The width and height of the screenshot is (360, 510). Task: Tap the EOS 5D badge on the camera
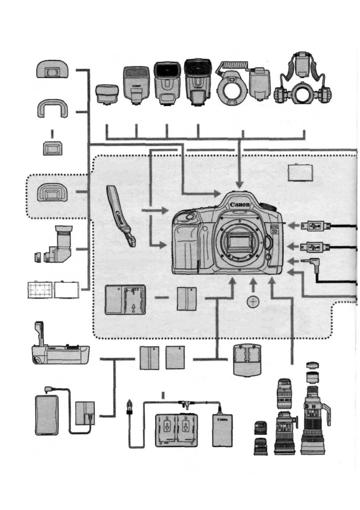(273, 230)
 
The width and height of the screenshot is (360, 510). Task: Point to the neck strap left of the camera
(120, 215)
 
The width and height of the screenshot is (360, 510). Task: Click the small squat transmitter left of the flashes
(108, 94)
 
